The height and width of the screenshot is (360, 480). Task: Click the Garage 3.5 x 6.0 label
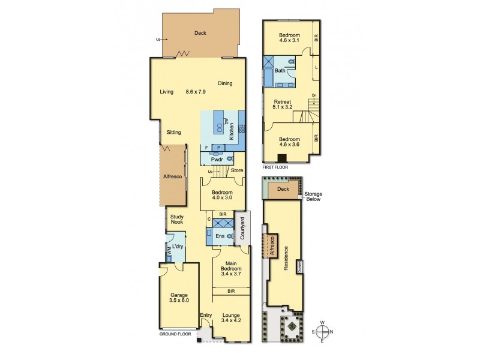178,299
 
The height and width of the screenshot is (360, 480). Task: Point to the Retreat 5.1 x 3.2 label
282,106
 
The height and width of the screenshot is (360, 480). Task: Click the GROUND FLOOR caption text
176,334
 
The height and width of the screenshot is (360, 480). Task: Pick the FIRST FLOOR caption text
275,167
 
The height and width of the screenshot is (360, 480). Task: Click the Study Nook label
177,220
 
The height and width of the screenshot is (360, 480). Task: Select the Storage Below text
313,197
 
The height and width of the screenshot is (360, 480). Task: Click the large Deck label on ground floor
200,33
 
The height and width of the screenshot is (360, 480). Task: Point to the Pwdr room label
217,160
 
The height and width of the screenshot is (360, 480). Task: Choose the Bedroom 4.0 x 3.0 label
221,195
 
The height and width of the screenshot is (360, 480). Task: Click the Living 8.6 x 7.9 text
183,92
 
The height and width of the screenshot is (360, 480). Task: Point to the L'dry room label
178,247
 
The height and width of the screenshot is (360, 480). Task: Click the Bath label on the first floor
280,71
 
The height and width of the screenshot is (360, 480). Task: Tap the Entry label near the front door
206,315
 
